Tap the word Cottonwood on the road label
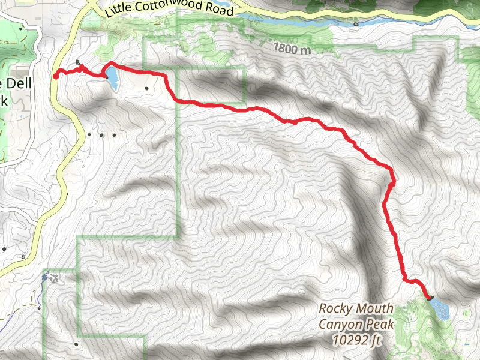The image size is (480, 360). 167,10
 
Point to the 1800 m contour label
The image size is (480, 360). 291,49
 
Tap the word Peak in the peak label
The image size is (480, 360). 379,325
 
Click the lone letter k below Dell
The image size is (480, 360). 4,101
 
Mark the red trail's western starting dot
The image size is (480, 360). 56,76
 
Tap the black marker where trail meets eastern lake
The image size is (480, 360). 431,297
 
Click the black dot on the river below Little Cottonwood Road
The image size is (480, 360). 356,25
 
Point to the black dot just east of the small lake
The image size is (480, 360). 147,89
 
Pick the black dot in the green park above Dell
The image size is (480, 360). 22,29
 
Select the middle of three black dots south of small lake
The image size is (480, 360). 101,134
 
